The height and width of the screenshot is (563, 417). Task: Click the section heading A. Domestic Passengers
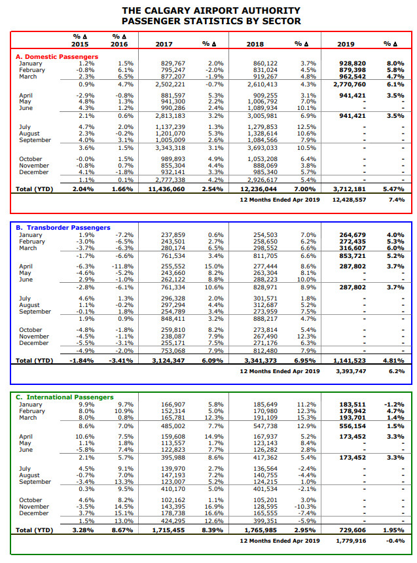tap(57, 57)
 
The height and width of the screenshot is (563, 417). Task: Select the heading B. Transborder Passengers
tap(63, 228)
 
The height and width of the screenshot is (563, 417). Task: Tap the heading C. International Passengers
tap(65, 397)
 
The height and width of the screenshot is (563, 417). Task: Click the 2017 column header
tap(164, 44)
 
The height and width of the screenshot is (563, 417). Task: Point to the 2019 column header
tap(346, 44)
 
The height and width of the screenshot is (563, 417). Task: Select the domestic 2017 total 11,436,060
tap(167, 189)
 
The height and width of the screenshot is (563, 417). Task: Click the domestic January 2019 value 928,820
tap(353, 64)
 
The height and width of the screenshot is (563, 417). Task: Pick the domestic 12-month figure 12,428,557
tap(349, 200)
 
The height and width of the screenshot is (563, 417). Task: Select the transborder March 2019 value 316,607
tap(353, 248)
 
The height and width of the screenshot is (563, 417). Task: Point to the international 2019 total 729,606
tap(353, 530)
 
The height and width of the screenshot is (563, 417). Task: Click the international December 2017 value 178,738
tap(173, 513)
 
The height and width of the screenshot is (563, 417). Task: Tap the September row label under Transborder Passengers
tap(35, 312)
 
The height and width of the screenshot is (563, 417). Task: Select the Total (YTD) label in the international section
tap(35, 530)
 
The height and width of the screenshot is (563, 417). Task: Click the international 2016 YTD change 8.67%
tap(122, 530)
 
